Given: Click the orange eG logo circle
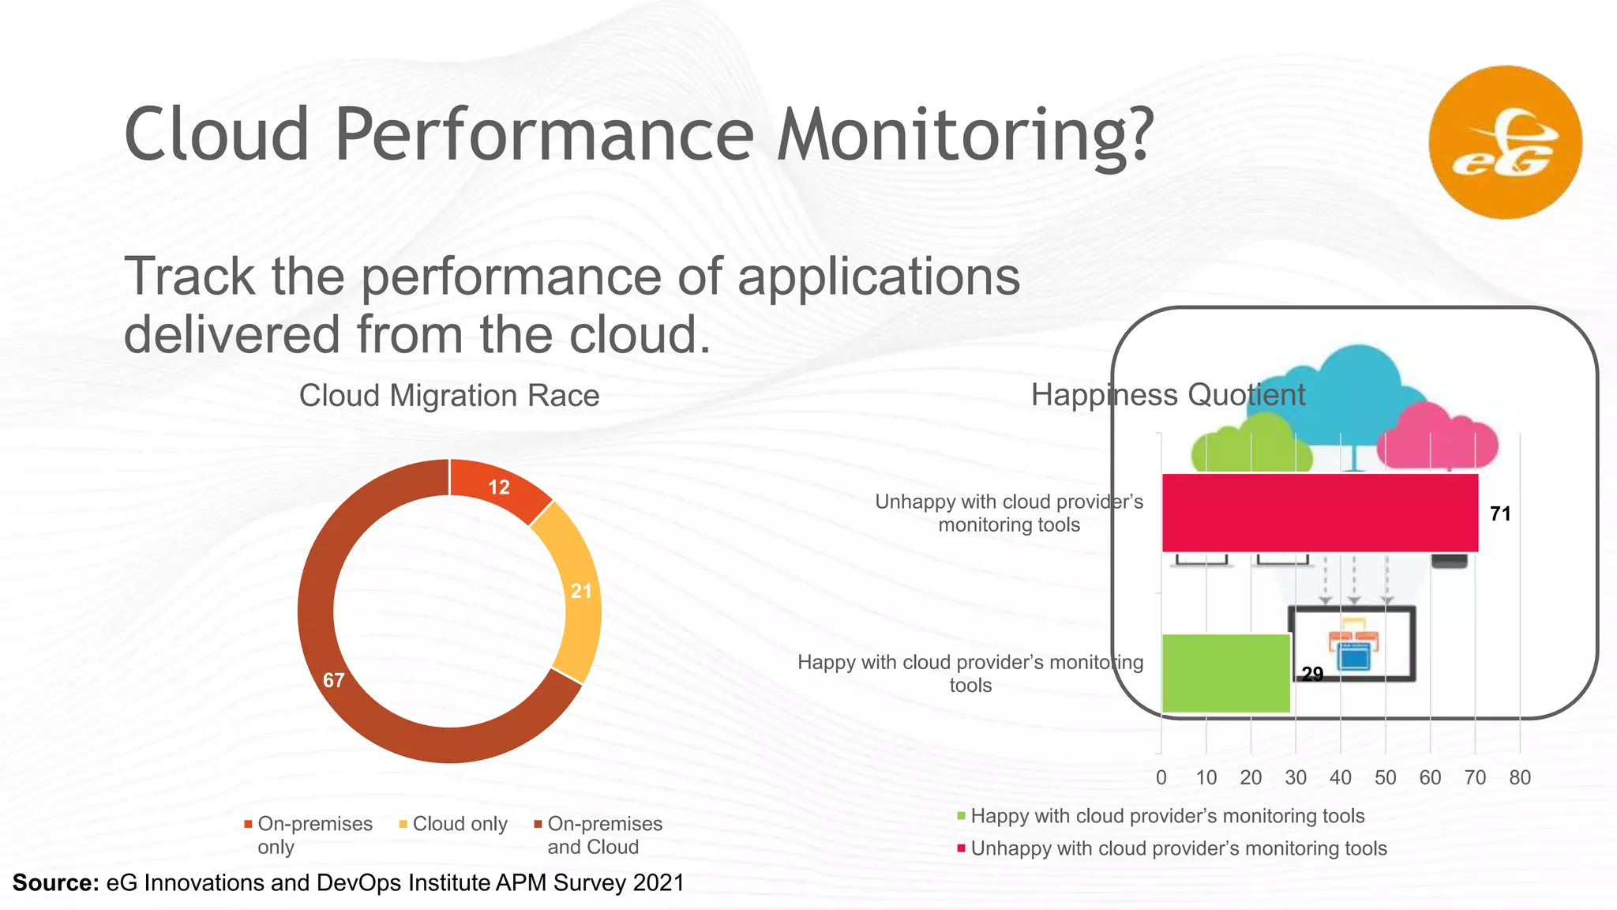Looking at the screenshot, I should coord(1505,142).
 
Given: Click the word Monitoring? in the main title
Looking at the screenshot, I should coord(965,134).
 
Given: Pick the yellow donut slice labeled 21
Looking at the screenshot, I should coord(580,591).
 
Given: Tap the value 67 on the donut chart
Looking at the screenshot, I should coord(334,680).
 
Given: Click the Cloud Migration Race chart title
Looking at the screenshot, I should coord(448,395).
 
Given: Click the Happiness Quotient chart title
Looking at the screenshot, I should coord(1168,394).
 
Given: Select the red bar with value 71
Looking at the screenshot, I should coord(1319,513).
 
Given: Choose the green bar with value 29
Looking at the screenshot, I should coord(1225,673).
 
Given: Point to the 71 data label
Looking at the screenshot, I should coord(1499,513).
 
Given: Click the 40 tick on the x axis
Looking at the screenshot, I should coord(1340,777).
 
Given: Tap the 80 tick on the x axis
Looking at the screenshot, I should coord(1519,777).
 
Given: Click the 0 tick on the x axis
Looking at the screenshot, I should coord(1161,777).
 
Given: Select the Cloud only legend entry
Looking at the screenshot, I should coord(459,824).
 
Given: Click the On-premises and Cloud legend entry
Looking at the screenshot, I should coord(604,835).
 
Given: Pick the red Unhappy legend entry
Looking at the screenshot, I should coord(1178,848).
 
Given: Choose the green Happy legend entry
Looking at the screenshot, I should coord(1167,816).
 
